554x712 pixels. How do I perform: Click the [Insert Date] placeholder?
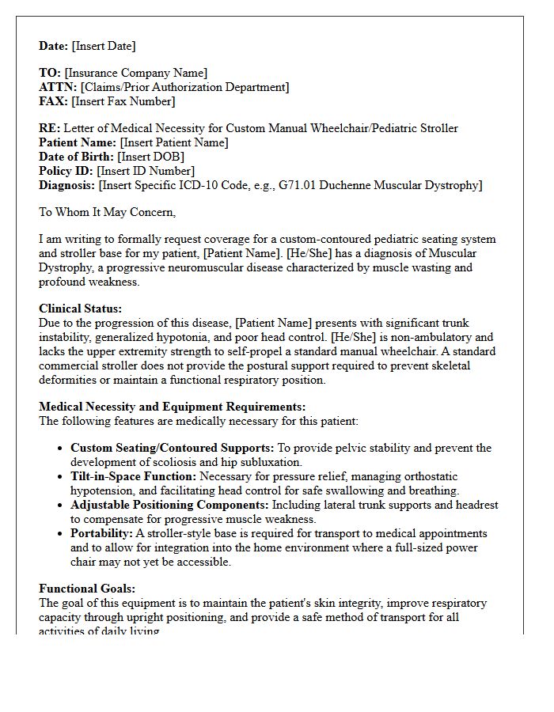click(104, 46)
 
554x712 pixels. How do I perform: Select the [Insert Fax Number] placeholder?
click(123, 101)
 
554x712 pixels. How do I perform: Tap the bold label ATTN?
click(58, 87)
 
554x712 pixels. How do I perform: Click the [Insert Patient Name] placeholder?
click(173, 142)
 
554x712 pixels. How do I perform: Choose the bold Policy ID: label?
click(66, 171)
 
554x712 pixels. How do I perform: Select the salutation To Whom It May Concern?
click(107, 212)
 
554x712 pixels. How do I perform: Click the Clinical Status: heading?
click(80, 309)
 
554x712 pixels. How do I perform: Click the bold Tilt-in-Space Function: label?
click(133, 476)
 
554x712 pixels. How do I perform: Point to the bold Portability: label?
click(101, 533)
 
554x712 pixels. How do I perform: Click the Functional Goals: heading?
click(87, 589)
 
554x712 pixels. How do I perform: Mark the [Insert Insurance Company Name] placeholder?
click(136, 73)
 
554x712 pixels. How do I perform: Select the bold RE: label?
click(49, 128)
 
